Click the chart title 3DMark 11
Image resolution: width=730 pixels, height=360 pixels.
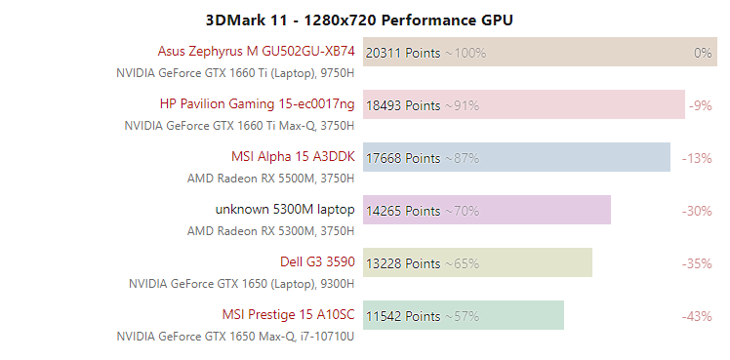[x=359, y=20]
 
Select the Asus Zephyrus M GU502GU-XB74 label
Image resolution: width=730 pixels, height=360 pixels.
[x=256, y=52]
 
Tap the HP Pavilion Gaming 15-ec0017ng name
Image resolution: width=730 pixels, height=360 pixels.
[x=258, y=104]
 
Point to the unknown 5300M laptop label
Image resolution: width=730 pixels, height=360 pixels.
[x=285, y=210]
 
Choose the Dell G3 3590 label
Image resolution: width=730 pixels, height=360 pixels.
[x=316, y=262]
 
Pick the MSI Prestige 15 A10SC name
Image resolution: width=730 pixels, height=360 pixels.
[x=288, y=315]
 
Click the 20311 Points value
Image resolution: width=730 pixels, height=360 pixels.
[x=403, y=53]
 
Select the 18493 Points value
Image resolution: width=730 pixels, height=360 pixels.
[x=403, y=105]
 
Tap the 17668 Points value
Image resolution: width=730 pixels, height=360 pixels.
[x=403, y=158]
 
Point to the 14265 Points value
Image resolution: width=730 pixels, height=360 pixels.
[x=403, y=211]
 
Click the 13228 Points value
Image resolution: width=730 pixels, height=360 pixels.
[x=403, y=263]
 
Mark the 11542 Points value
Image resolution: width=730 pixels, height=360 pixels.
[x=403, y=316]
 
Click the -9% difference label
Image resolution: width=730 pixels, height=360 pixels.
[x=700, y=105]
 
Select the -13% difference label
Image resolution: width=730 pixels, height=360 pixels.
[x=697, y=158]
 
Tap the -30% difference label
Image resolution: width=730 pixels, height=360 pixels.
[x=697, y=211]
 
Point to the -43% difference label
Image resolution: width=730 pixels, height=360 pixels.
[x=697, y=316]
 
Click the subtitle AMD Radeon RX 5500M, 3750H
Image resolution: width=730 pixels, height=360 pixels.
[x=270, y=178]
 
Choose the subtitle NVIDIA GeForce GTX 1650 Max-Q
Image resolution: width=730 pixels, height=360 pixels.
[x=235, y=336]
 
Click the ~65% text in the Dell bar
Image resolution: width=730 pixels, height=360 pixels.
[x=462, y=263]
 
